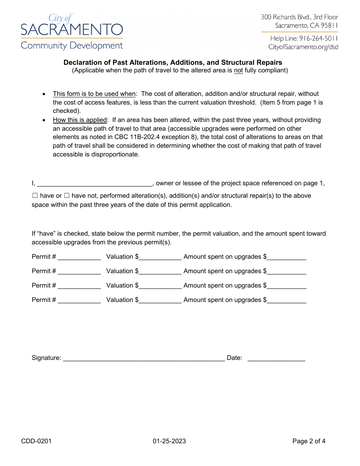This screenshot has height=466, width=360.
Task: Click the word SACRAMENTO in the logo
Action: [x=72, y=30]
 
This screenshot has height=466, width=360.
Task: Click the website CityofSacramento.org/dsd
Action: [x=303, y=47]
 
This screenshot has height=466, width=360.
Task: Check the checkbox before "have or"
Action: [x=35, y=196]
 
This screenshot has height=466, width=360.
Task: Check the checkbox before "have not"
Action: [x=67, y=196]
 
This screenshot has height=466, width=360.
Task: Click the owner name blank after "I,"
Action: [x=95, y=184]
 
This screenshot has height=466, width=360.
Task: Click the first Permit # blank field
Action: [x=79, y=257]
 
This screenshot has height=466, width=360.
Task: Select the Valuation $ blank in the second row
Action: [x=160, y=272]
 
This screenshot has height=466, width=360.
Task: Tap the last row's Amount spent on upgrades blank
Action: [x=286, y=300]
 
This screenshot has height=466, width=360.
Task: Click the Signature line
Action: [x=144, y=358]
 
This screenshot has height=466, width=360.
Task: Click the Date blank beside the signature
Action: [x=276, y=358]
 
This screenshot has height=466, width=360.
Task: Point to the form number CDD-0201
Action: [x=36, y=441]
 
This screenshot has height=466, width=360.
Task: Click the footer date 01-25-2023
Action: [x=169, y=441]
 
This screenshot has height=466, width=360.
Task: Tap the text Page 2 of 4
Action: [x=309, y=441]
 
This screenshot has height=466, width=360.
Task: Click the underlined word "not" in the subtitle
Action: [x=238, y=70]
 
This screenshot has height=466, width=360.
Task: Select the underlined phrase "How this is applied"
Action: [x=80, y=120]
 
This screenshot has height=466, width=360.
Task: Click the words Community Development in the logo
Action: [x=72, y=46]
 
